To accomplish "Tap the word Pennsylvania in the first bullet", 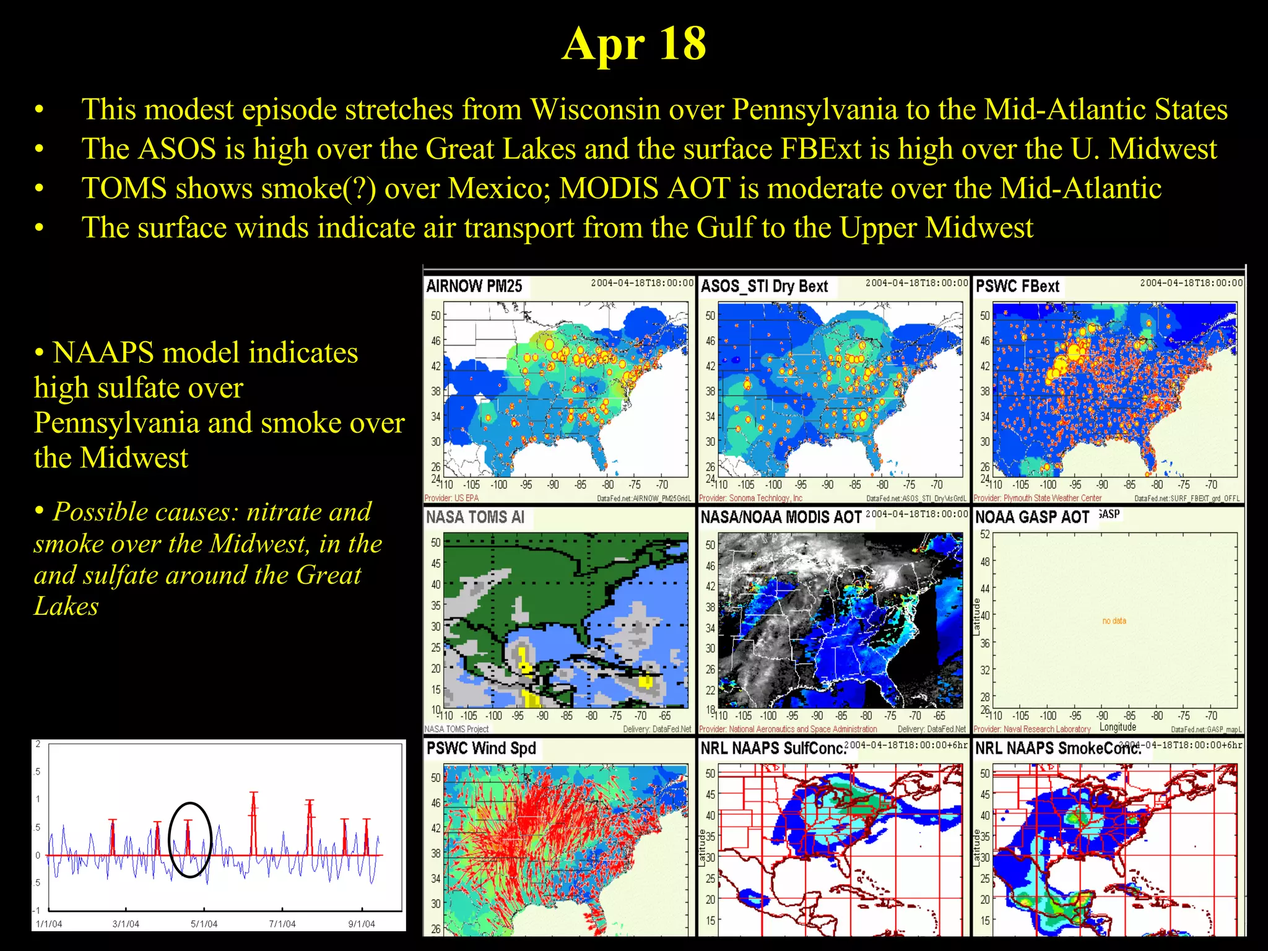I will coord(815,110).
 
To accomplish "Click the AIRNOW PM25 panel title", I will coord(474,286).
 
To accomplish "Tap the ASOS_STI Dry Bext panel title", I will coord(764,286).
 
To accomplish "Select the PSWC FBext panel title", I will coord(1017,286).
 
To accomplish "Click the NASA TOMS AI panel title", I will coord(475,517).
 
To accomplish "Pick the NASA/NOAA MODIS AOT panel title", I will coord(781,517).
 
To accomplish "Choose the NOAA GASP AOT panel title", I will coord(1032,517).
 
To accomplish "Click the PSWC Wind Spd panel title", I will coord(481,748).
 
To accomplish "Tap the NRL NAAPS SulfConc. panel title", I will coord(773,748).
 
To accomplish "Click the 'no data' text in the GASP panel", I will coord(1114,620).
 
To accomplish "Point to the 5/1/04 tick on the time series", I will coord(204,924).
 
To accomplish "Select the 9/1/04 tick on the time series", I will coord(361,924).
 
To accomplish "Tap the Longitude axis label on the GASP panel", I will coord(1118,727).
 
